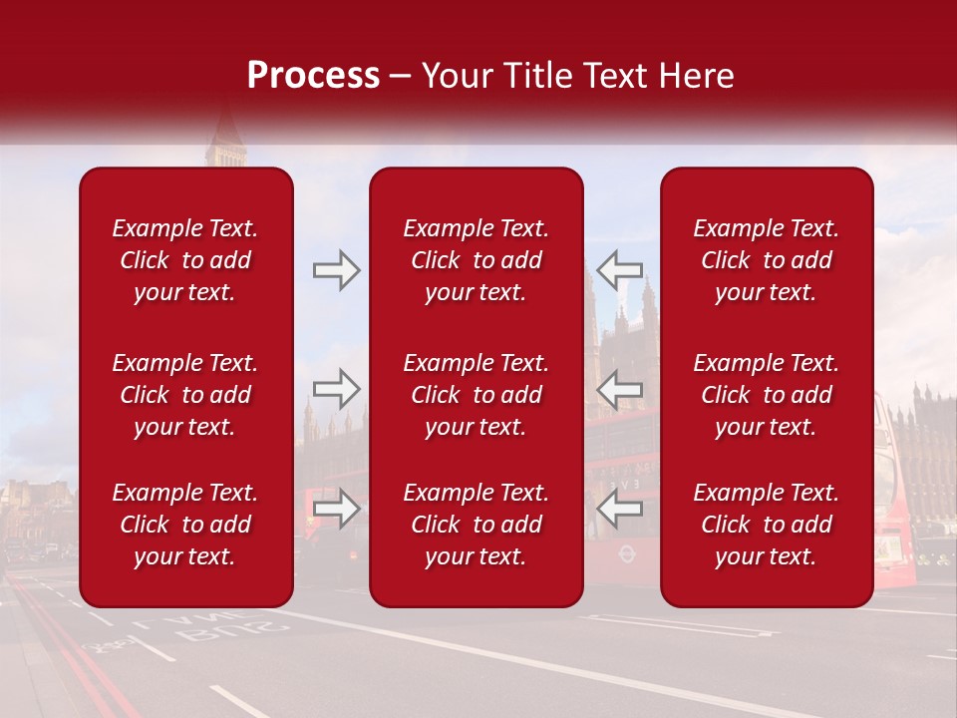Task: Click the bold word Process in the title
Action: [x=313, y=76]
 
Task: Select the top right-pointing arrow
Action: [x=336, y=269]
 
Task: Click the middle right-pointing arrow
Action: [x=336, y=388]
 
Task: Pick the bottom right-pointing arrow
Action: [x=336, y=509]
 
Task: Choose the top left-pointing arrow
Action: [x=619, y=269]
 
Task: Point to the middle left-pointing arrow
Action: [x=619, y=388]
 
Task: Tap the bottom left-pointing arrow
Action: [x=619, y=509]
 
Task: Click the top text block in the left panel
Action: [x=185, y=260]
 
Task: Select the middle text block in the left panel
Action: [x=185, y=395]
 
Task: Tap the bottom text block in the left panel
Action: [x=185, y=525]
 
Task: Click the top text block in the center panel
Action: [x=477, y=260]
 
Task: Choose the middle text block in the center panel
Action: [x=477, y=395]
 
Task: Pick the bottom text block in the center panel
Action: [x=477, y=525]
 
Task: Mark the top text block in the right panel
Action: [x=767, y=260]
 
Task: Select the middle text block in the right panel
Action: [x=767, y=395]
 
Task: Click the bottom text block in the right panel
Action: [x=767, y=525]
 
